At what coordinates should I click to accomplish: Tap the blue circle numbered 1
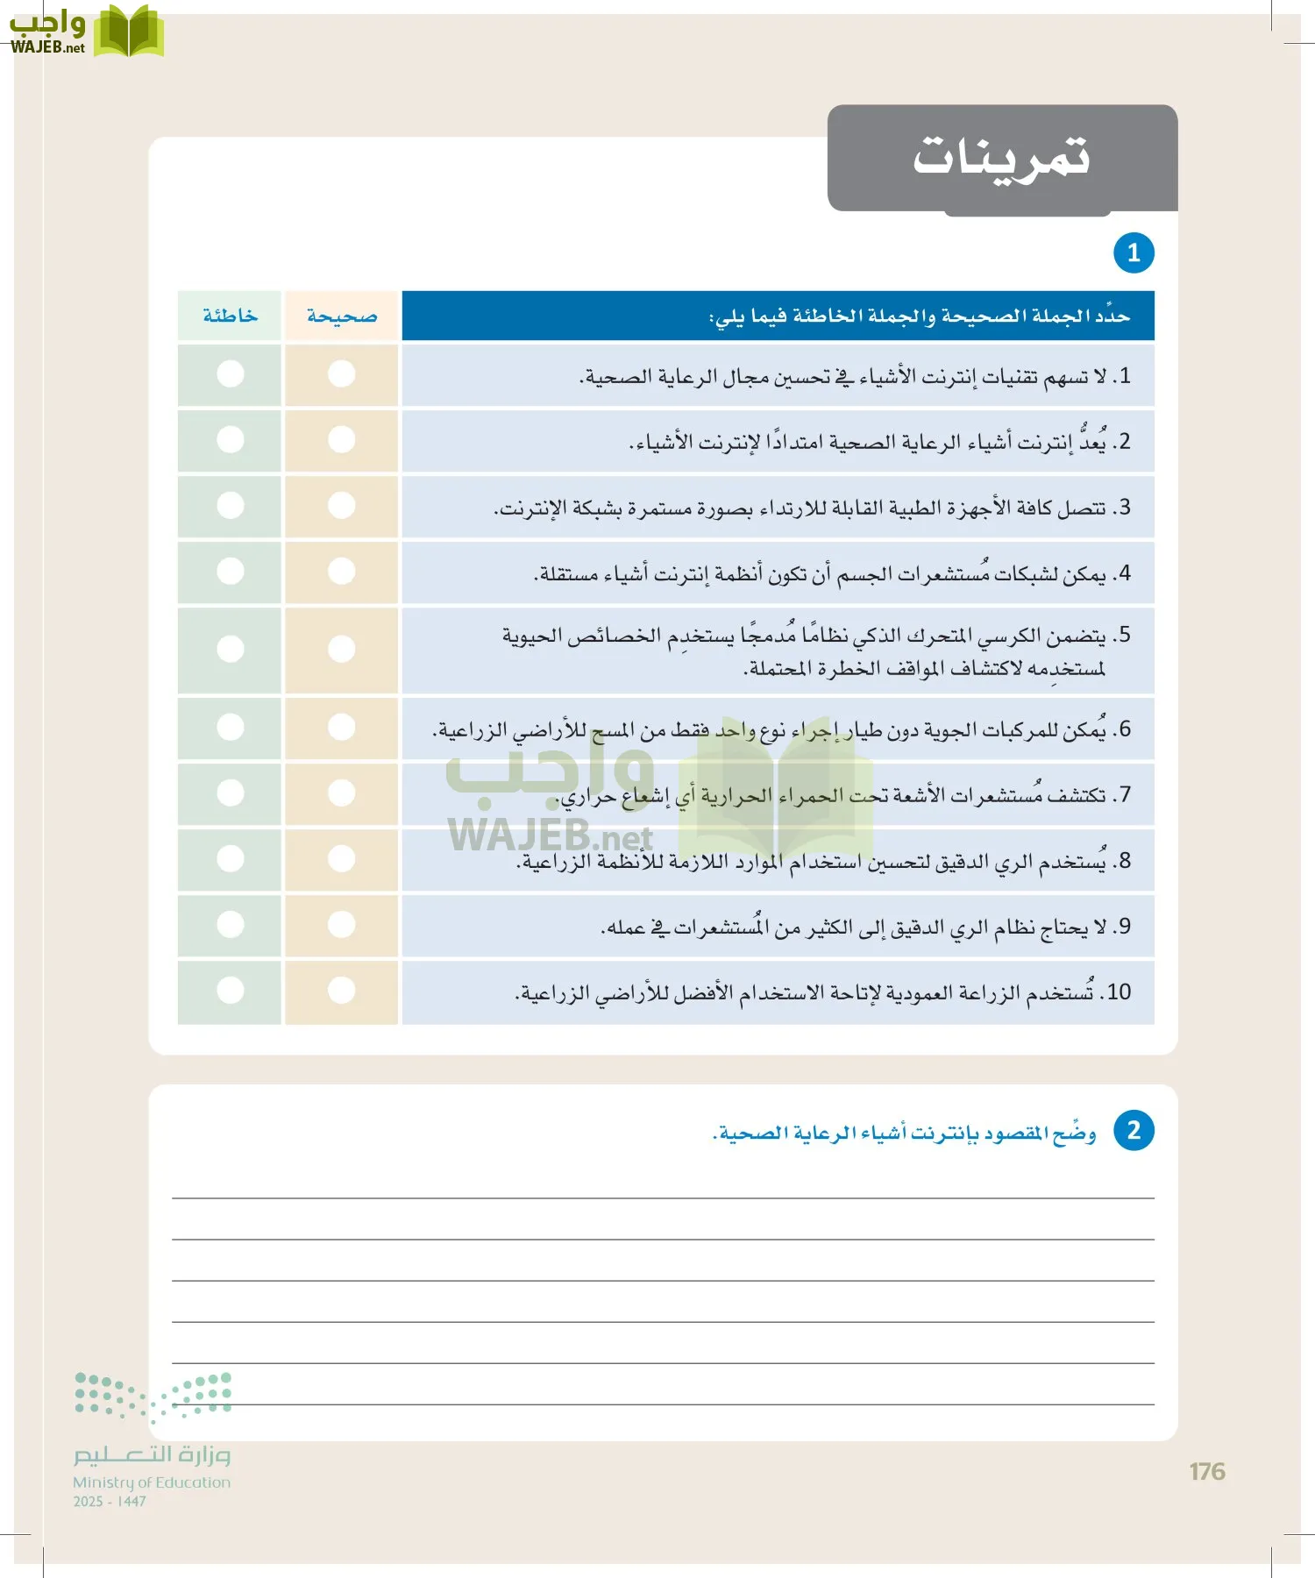[x=1134, y=253]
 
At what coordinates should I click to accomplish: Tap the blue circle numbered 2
[x=1134, y=1131]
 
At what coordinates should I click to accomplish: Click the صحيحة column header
[x=342, y=316]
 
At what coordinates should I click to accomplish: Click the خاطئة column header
[x=230, y=316]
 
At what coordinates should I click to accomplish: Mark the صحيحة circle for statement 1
[x=342, y=374]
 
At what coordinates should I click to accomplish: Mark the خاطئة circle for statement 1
[x=231, y=374]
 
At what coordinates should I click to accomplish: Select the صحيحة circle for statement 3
[x=342, y=506]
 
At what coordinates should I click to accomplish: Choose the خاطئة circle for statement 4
[x=231, y=572]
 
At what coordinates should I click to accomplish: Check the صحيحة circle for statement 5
[x=342, y=650]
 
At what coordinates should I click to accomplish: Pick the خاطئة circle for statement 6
[x=231, y=728]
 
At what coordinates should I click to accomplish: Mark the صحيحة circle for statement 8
[x=342, y=859]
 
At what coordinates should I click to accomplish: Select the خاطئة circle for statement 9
[x=231, y=925]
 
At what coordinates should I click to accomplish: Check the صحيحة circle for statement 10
[x=342, y=991]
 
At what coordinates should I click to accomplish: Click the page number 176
[x=1207, y=1472]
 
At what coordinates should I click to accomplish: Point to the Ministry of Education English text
[x=152, y=1482]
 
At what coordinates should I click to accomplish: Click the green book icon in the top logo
[x=129, y=32]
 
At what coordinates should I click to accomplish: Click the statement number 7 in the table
[x=1124, y=795]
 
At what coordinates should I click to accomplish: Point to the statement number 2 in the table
[x=1124, y=442]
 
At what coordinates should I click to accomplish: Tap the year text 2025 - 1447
[x=110, y=1502]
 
